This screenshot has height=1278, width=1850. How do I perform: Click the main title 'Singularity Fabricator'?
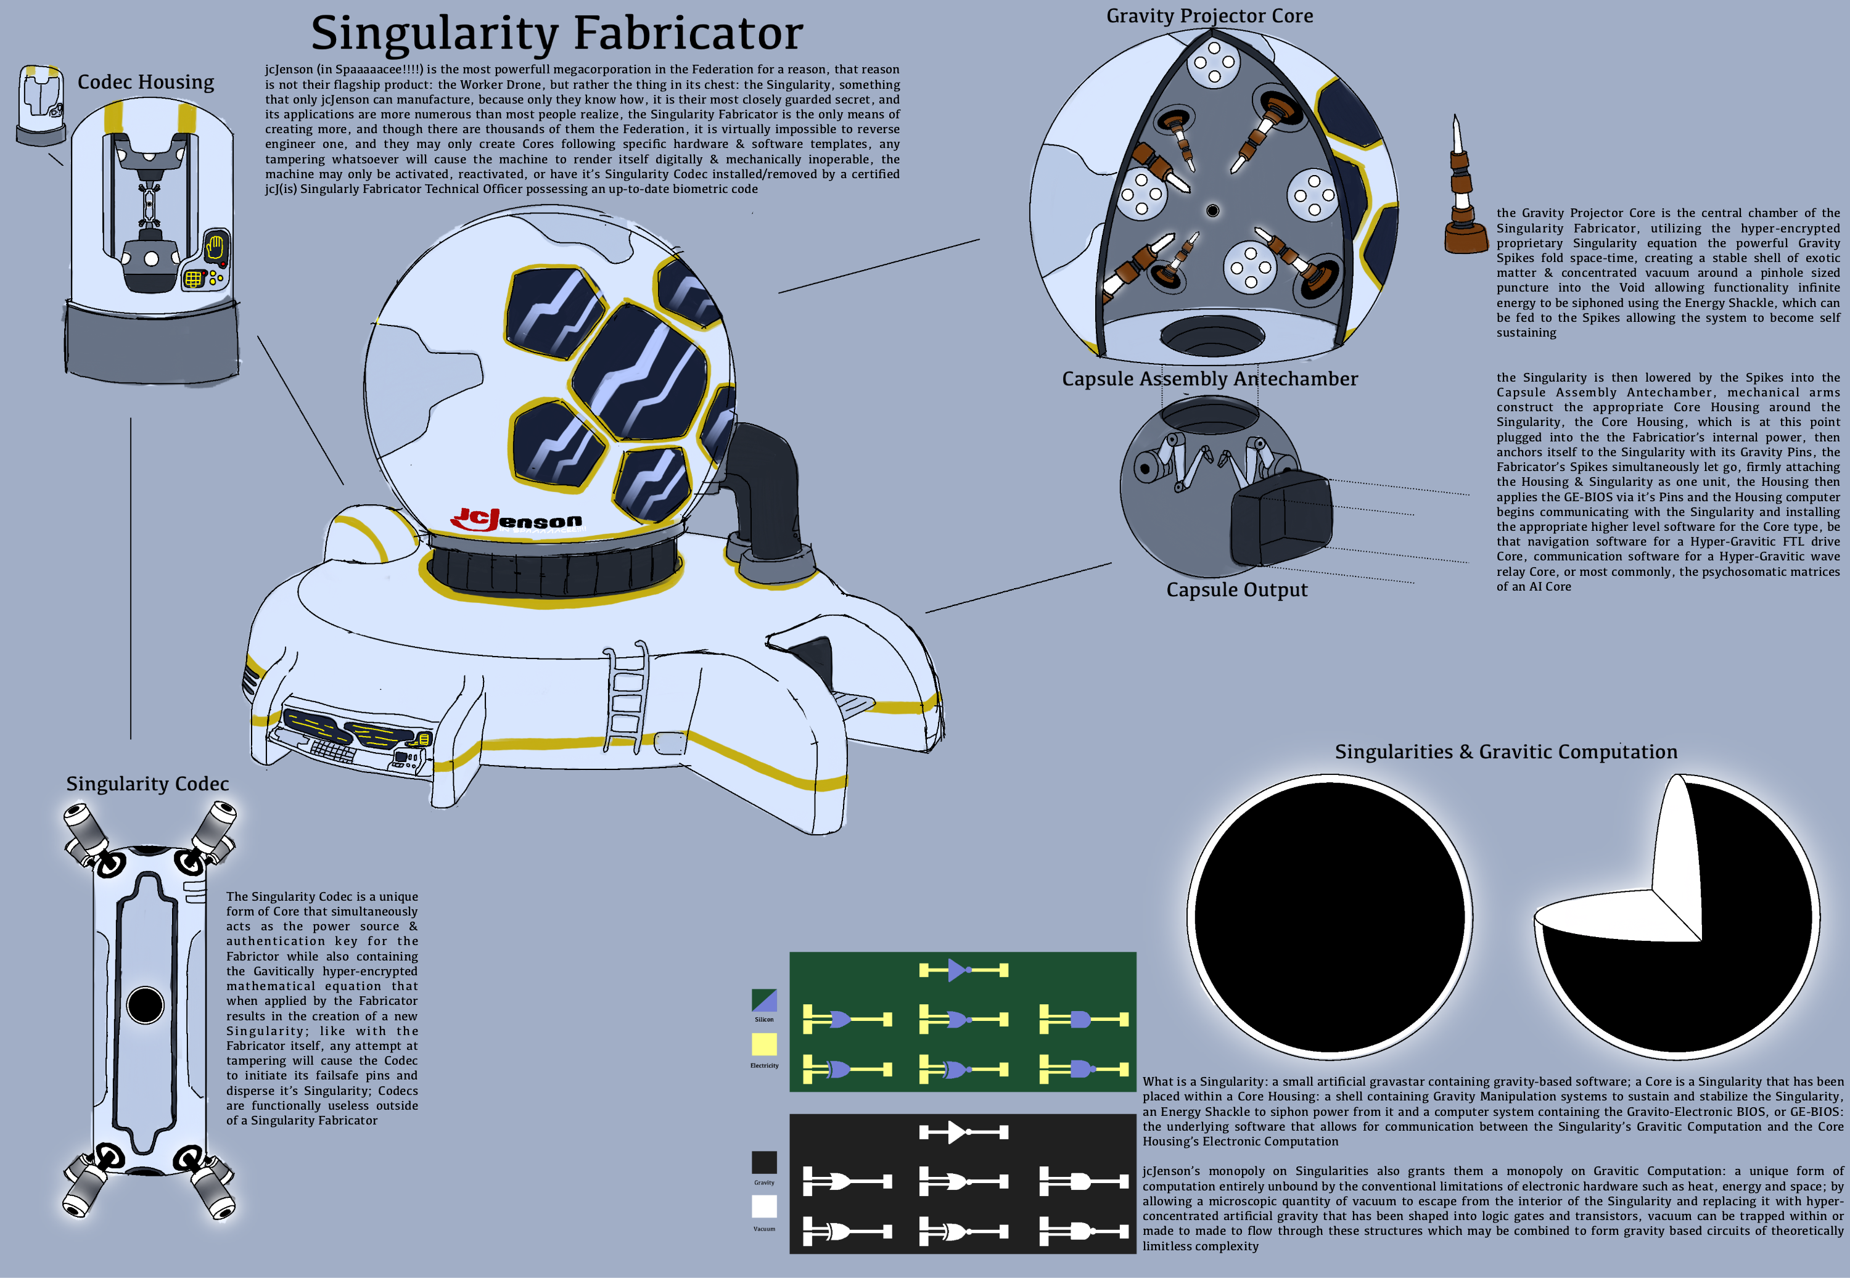[x=557, y=34]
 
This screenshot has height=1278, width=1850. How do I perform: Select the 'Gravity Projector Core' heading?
[x=1209, y=16]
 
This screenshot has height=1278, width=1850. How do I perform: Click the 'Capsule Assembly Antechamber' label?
[x=1209, y=379]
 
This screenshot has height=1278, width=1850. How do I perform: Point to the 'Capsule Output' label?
[x=1236, y=590]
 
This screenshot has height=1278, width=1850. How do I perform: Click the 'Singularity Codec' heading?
[x=147, y=784]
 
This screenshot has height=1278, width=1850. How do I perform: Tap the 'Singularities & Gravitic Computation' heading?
[x=1506, y=752]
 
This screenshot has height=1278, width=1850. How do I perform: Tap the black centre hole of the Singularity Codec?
[x=145, y=1006]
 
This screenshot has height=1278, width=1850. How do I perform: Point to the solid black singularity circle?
[x=1330, y=917]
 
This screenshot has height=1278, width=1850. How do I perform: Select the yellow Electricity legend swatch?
[x=764, y=1044]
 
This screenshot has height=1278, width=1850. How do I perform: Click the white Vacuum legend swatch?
[x=764, y=1206]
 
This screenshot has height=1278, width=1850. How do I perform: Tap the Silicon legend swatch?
[x=764, y=1000]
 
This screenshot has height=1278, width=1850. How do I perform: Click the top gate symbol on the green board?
[x=963, y=970]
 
